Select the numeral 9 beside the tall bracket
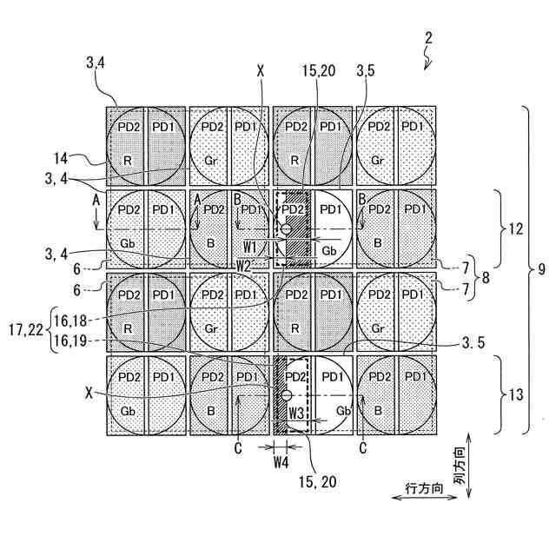tap(541, 269)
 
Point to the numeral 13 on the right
tap(516, 394)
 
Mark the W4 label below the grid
tap(281, 462)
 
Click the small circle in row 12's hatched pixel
tap(285, 229)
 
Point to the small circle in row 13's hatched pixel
tap(285, 395)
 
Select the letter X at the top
tap(261, 67)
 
